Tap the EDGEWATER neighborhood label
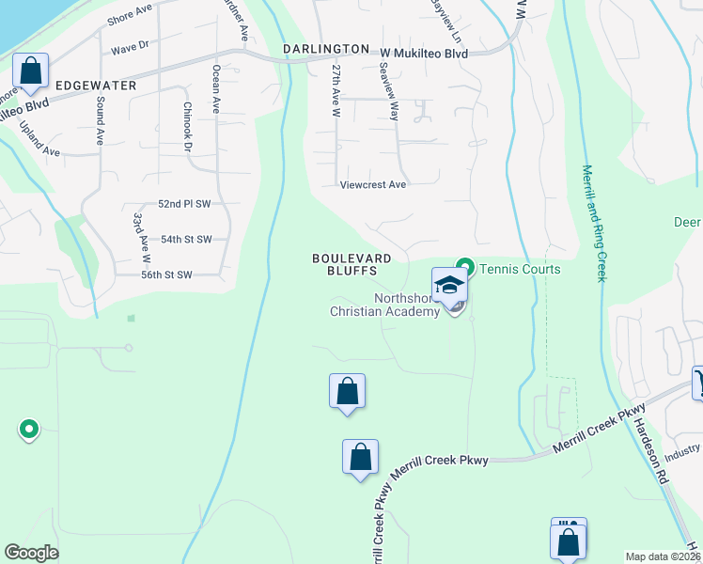[x=96, y=86]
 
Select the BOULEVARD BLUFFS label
[x=344, y=263]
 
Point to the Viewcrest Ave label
[x=373, y=185]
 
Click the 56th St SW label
[x=166, y=274]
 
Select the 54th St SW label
[x=186, y=240]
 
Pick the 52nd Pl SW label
[x=183, y=204]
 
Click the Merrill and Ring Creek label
[x=593, y=222]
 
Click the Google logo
[x=31, y=553]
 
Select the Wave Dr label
[x=131, y=45]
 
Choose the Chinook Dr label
[x=187, y=127]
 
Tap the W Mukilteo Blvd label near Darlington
[x=423, y=54]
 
